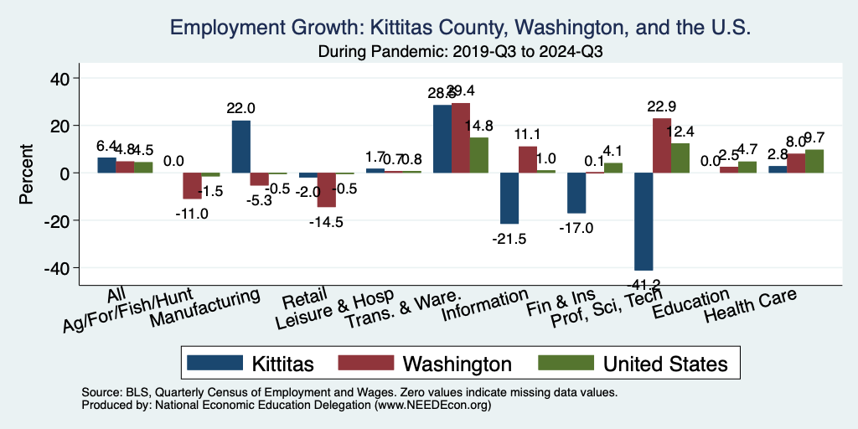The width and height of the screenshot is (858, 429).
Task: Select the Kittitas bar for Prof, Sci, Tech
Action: click(x=643, y=221)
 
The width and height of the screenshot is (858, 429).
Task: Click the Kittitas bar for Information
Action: click(x=509, y=198)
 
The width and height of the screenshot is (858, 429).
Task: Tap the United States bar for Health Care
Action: click(x=814, y=161)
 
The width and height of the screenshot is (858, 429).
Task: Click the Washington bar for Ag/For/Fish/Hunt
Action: click(x=193, y=185)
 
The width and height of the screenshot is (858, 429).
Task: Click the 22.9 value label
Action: click(x=662, y=107)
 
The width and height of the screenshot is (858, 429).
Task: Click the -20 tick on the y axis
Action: click(x=65, y=220)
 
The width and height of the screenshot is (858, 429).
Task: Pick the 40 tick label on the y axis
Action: click(x=65, y=79)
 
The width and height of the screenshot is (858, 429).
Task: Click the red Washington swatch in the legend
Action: click(x=366, y=363)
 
